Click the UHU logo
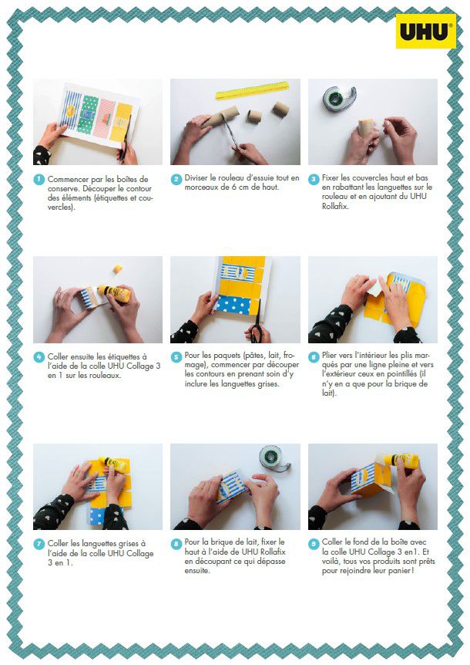[x=426, y=32]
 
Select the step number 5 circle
[x=176, y=356]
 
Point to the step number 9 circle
[x=314, y=544]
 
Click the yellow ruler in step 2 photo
[x=252, y=90]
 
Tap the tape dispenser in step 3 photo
[x=339, y=97]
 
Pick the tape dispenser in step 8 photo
[x=275, y=457]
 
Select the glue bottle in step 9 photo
[x=400, y=460]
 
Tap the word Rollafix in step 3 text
[x=335, y=207]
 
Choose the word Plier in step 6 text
[x=330, y=356]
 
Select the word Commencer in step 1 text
[x=69, y=179]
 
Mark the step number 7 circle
[x=39, y=544]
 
